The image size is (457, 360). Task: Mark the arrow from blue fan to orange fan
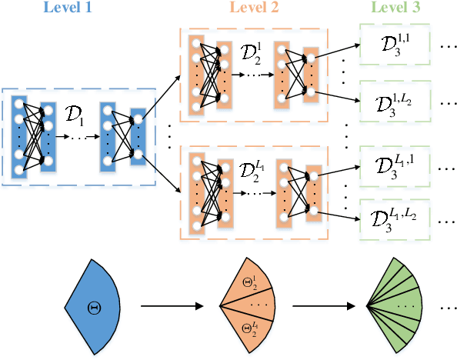point(171,306)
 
